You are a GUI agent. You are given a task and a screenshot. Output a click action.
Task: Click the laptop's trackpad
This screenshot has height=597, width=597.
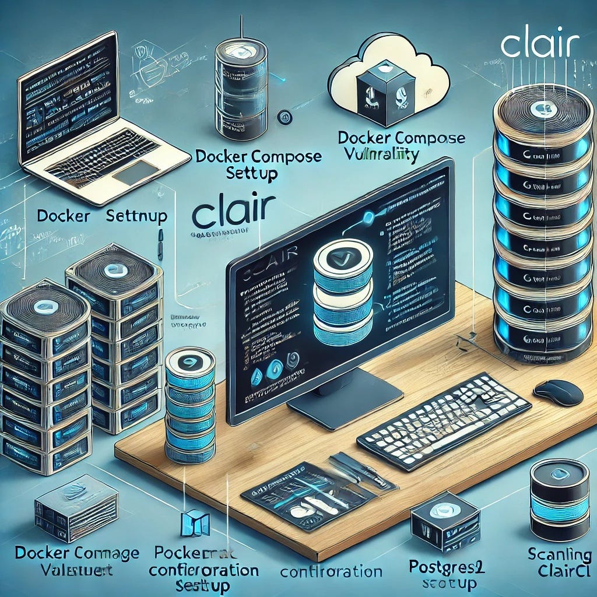point(136,172)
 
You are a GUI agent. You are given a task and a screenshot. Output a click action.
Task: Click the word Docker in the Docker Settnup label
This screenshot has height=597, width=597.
point(64,216)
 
